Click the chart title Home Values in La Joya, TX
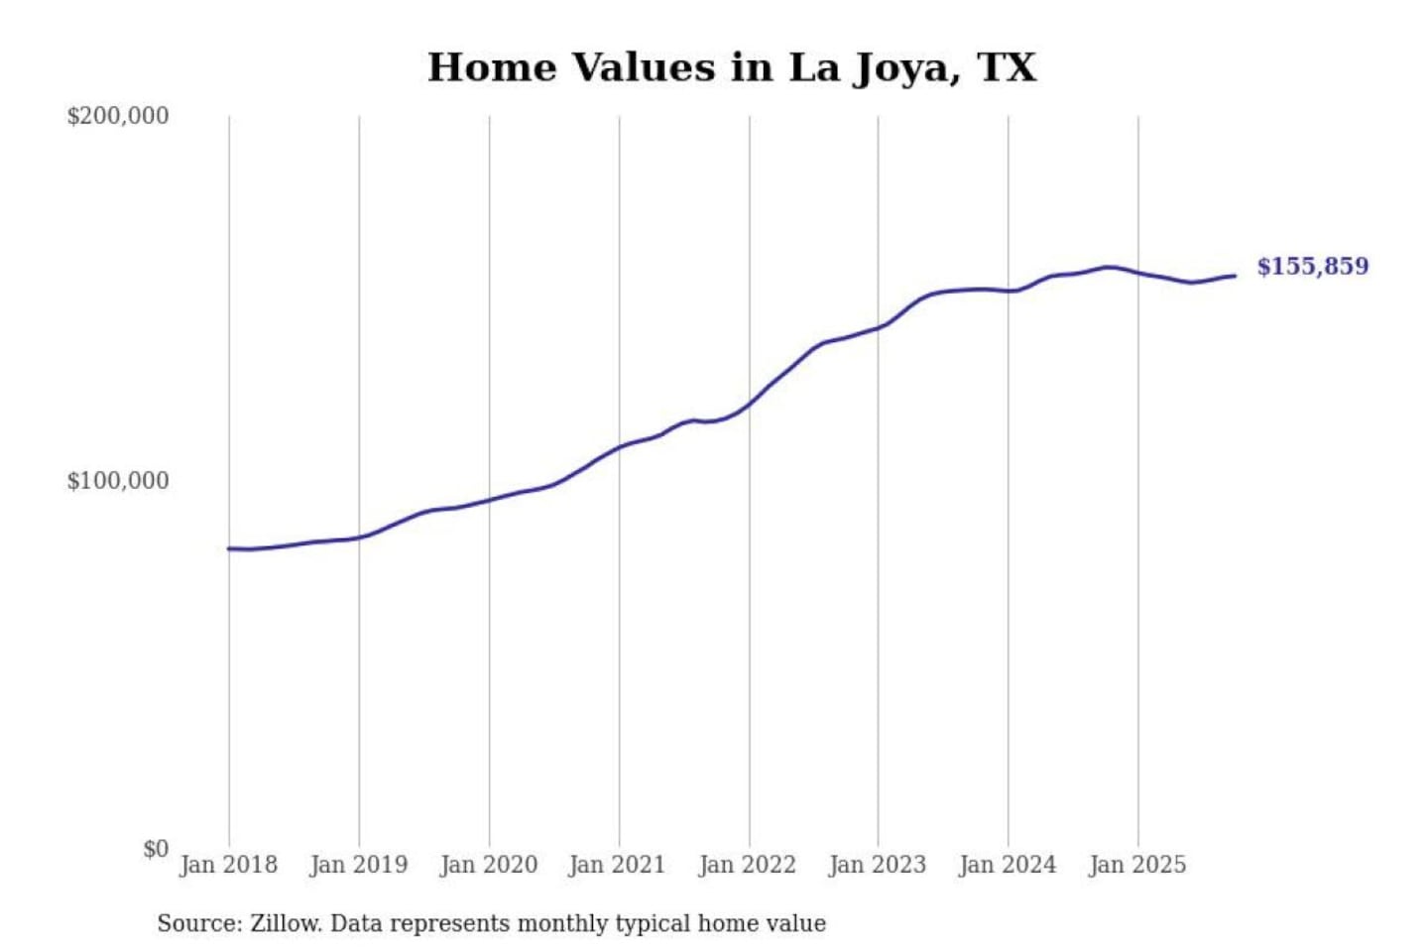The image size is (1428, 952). (x=732, y=67)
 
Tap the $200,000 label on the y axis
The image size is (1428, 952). (x=118, y=116)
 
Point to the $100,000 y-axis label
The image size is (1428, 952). (x=118, y=481)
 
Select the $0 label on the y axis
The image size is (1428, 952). (x=156, y=849)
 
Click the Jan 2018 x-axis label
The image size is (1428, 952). (x=228, y=865)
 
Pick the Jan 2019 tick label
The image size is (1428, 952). (x=358, y=865)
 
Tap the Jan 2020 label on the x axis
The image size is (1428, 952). (x=488, y=865)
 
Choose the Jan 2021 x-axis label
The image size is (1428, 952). (x=617, y=865)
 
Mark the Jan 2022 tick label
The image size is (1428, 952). (x=747, y=865)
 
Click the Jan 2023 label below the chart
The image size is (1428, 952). (x=877, y=865)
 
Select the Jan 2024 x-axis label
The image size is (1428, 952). (x=1007, y=865)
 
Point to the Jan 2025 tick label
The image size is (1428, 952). (x=1136, y=865)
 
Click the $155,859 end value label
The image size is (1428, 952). (x=1312, y=266)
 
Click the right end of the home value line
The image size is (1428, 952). (x=1235, y=276)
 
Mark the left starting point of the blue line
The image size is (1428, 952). (x=229, y=548)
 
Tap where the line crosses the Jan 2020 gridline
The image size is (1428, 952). (x=489, y=500)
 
